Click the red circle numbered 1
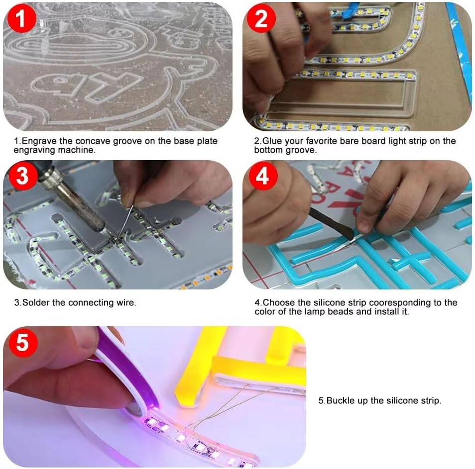coord(21,18)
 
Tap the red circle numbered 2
coord(261,18)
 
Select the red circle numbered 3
coord(23,176)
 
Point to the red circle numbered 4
coord(262,176)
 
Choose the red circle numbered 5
coord(23,342)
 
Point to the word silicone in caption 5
coord(403,401)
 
